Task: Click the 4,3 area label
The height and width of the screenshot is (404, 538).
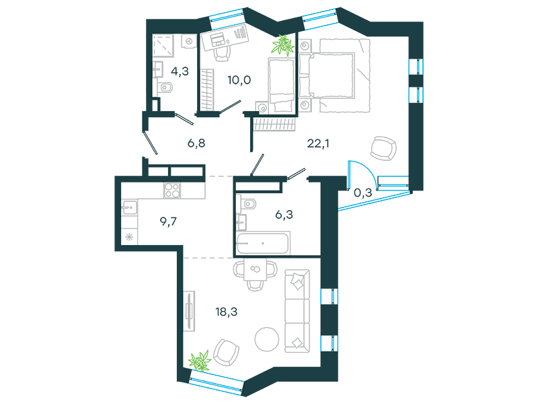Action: [180, 71]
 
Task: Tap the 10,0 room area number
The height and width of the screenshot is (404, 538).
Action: [239, 80]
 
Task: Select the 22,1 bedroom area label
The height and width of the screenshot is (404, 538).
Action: [318, 143]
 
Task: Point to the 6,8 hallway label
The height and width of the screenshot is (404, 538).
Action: [196, 143]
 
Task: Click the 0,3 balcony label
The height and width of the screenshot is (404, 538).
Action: [362, 193]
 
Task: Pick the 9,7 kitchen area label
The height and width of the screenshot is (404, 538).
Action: [168, 222]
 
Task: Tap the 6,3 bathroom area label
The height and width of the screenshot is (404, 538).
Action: [284, 214]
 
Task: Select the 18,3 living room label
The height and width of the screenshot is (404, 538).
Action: [227, 312]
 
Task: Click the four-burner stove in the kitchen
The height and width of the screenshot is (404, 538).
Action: [172, 190]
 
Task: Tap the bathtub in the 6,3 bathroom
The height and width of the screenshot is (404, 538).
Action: [263, 243]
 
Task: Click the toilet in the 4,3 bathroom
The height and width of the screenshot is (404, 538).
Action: [165, 88]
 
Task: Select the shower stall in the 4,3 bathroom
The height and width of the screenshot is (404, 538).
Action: [163, 46]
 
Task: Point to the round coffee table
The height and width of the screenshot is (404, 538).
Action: [266, 339]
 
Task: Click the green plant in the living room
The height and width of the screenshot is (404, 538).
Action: [200, 361]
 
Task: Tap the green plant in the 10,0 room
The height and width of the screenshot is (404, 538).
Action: [283, 44]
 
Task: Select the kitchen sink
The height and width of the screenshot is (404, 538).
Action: [130, 207]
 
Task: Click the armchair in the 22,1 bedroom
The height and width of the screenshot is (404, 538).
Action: [383, 148]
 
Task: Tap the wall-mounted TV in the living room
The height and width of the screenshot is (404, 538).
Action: [189, 311]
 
